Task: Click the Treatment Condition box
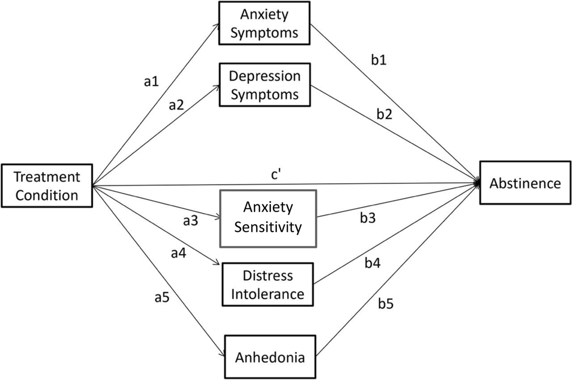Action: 47,186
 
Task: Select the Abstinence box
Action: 525,183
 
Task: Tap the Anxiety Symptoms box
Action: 264,24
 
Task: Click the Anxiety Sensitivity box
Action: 267,217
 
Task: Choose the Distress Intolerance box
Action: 267,285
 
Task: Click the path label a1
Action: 151,82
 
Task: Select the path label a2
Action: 175,105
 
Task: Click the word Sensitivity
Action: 267,226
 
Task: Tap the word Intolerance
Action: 267,294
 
